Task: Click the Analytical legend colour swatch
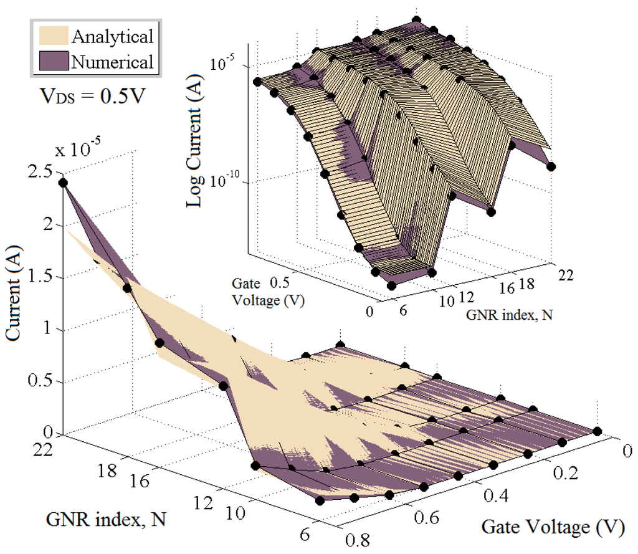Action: coord(50,37)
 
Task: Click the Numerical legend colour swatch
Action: coord(50,62)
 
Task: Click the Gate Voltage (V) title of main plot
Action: coord(553,528)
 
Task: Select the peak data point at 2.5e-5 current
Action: coord(62,182)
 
